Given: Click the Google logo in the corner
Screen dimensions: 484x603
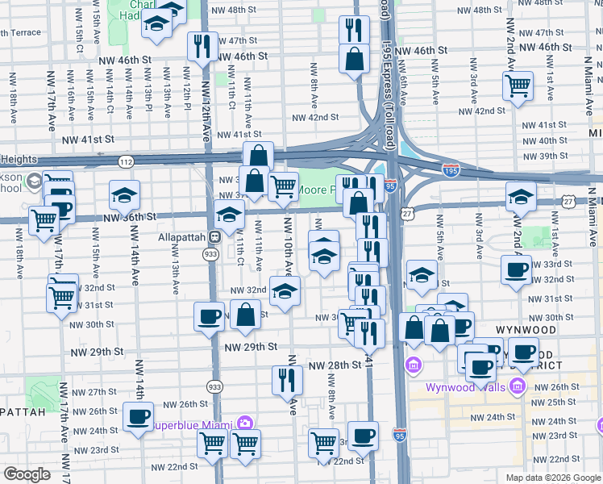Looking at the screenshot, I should click(27, 474).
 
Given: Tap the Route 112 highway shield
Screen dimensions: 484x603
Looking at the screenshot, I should click(127, 161).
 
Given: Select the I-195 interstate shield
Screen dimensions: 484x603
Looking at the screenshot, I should click(451, 170).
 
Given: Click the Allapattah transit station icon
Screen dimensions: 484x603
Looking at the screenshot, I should click(214, 237).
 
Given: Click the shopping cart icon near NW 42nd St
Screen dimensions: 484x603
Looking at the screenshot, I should click(517, 85).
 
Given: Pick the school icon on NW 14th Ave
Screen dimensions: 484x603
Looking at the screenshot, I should click(125, 194).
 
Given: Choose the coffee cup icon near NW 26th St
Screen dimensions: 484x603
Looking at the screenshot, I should click(138, 415).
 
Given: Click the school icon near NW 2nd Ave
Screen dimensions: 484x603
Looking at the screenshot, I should click(521, 195).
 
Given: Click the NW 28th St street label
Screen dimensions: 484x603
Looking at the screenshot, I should click(334, 365).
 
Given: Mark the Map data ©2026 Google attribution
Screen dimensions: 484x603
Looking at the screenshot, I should click(552, 477).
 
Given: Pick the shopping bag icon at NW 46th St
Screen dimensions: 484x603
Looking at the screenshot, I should click(354, 59).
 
